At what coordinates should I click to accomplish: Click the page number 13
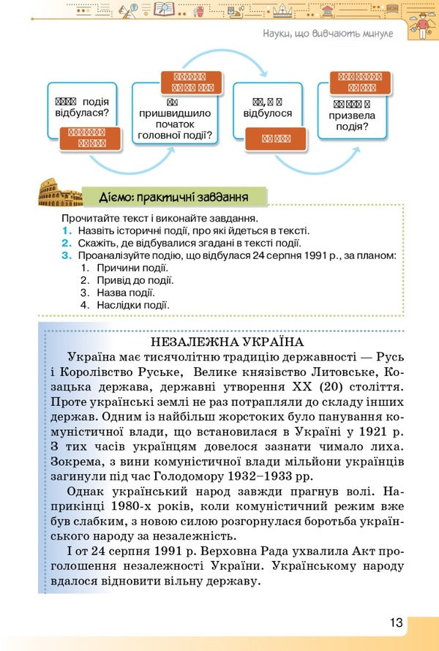point(396,622)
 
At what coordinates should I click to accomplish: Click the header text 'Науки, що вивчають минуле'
point(326,34)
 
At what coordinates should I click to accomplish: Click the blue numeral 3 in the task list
point(66,255)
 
